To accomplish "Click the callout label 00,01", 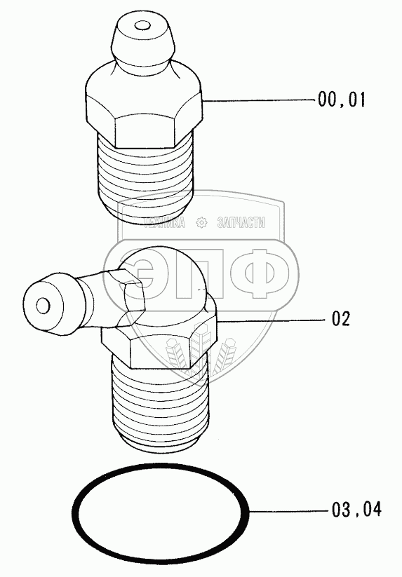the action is coord(342,100).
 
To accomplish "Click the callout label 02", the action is coord(341,319).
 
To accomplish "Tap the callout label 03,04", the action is coord(356,510).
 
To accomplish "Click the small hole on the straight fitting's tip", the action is coord(142,26).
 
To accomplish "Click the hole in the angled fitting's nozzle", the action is coord(43,306).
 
